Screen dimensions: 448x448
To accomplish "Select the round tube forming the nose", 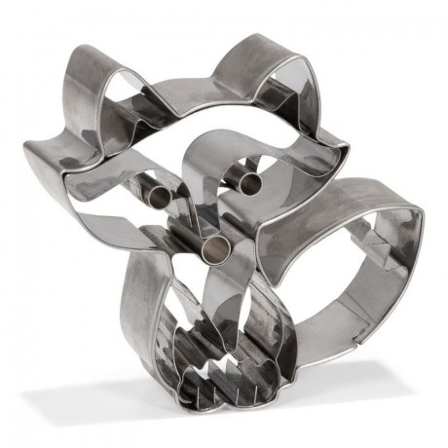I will coord(215,247).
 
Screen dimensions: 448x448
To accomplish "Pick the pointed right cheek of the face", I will coord(347,151).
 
